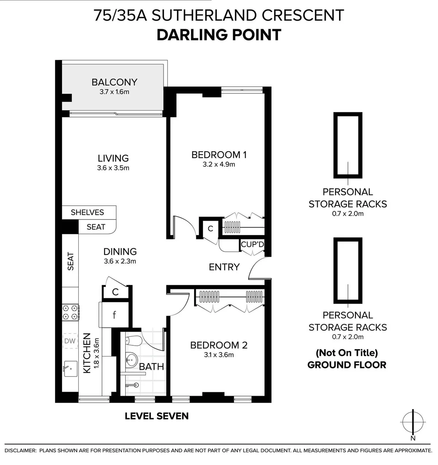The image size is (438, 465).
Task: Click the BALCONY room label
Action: [x=114, y=82]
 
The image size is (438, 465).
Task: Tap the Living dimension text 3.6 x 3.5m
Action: [x=113, y=168]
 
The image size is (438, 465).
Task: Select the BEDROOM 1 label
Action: [x=219, y=155]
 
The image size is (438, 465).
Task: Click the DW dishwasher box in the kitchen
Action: [x=70, y=341]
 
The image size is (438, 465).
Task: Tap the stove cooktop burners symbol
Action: [x=71, y=312]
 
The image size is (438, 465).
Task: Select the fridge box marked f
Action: [x=114, y=315]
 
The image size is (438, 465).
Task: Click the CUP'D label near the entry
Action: [x=252, y=245]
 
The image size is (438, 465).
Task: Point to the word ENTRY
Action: [x=224, y=267]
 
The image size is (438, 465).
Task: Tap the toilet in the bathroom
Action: [x=133, y=341]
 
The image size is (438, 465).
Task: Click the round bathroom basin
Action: [x=132, y=358]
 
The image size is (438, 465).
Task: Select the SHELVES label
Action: [x=87, y=212]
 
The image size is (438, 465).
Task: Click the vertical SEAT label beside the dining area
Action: [x=71, y=261]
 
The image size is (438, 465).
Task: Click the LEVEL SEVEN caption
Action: [x=157, y=416]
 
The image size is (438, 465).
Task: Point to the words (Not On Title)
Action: [x=346, y=353]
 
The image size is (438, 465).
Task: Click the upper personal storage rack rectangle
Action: [x=348, y=146]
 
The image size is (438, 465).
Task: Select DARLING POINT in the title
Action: [x=219, y=34]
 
